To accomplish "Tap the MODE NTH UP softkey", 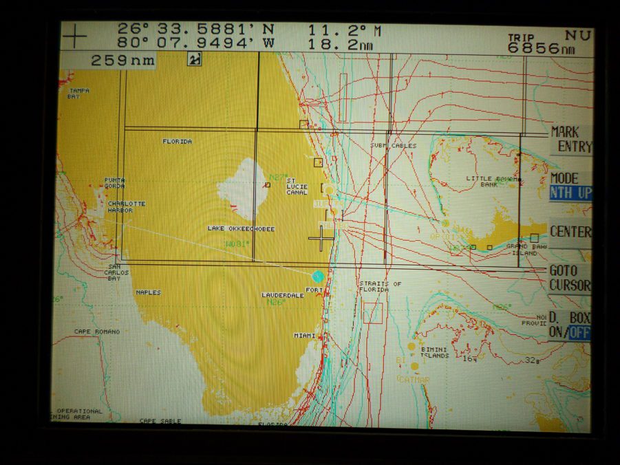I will (570, 186).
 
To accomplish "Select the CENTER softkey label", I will (570, 232).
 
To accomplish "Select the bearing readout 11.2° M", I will (344, 30).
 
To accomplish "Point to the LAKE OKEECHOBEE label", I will (241, 228).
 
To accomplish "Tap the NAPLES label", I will (148, 292).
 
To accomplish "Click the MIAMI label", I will (305, 335).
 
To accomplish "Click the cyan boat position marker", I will (317, 276).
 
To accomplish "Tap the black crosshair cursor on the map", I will (321, 238).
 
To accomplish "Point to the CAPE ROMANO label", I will (96, 332).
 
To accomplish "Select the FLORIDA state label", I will (177, 141).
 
